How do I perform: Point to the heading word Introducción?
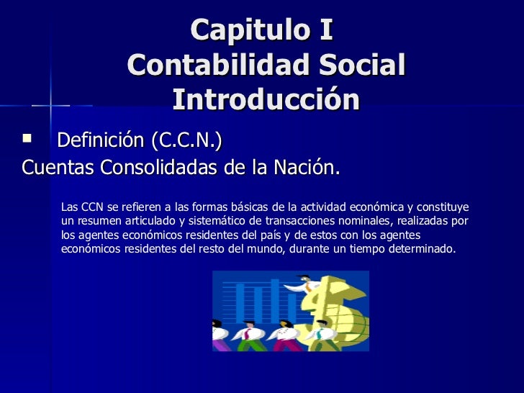pyautogui.click(x=266, y=99)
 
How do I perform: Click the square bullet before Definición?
pyautogui.click(x=28, y=137)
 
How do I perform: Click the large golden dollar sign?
pyautogui.click(x=331, y=306)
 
